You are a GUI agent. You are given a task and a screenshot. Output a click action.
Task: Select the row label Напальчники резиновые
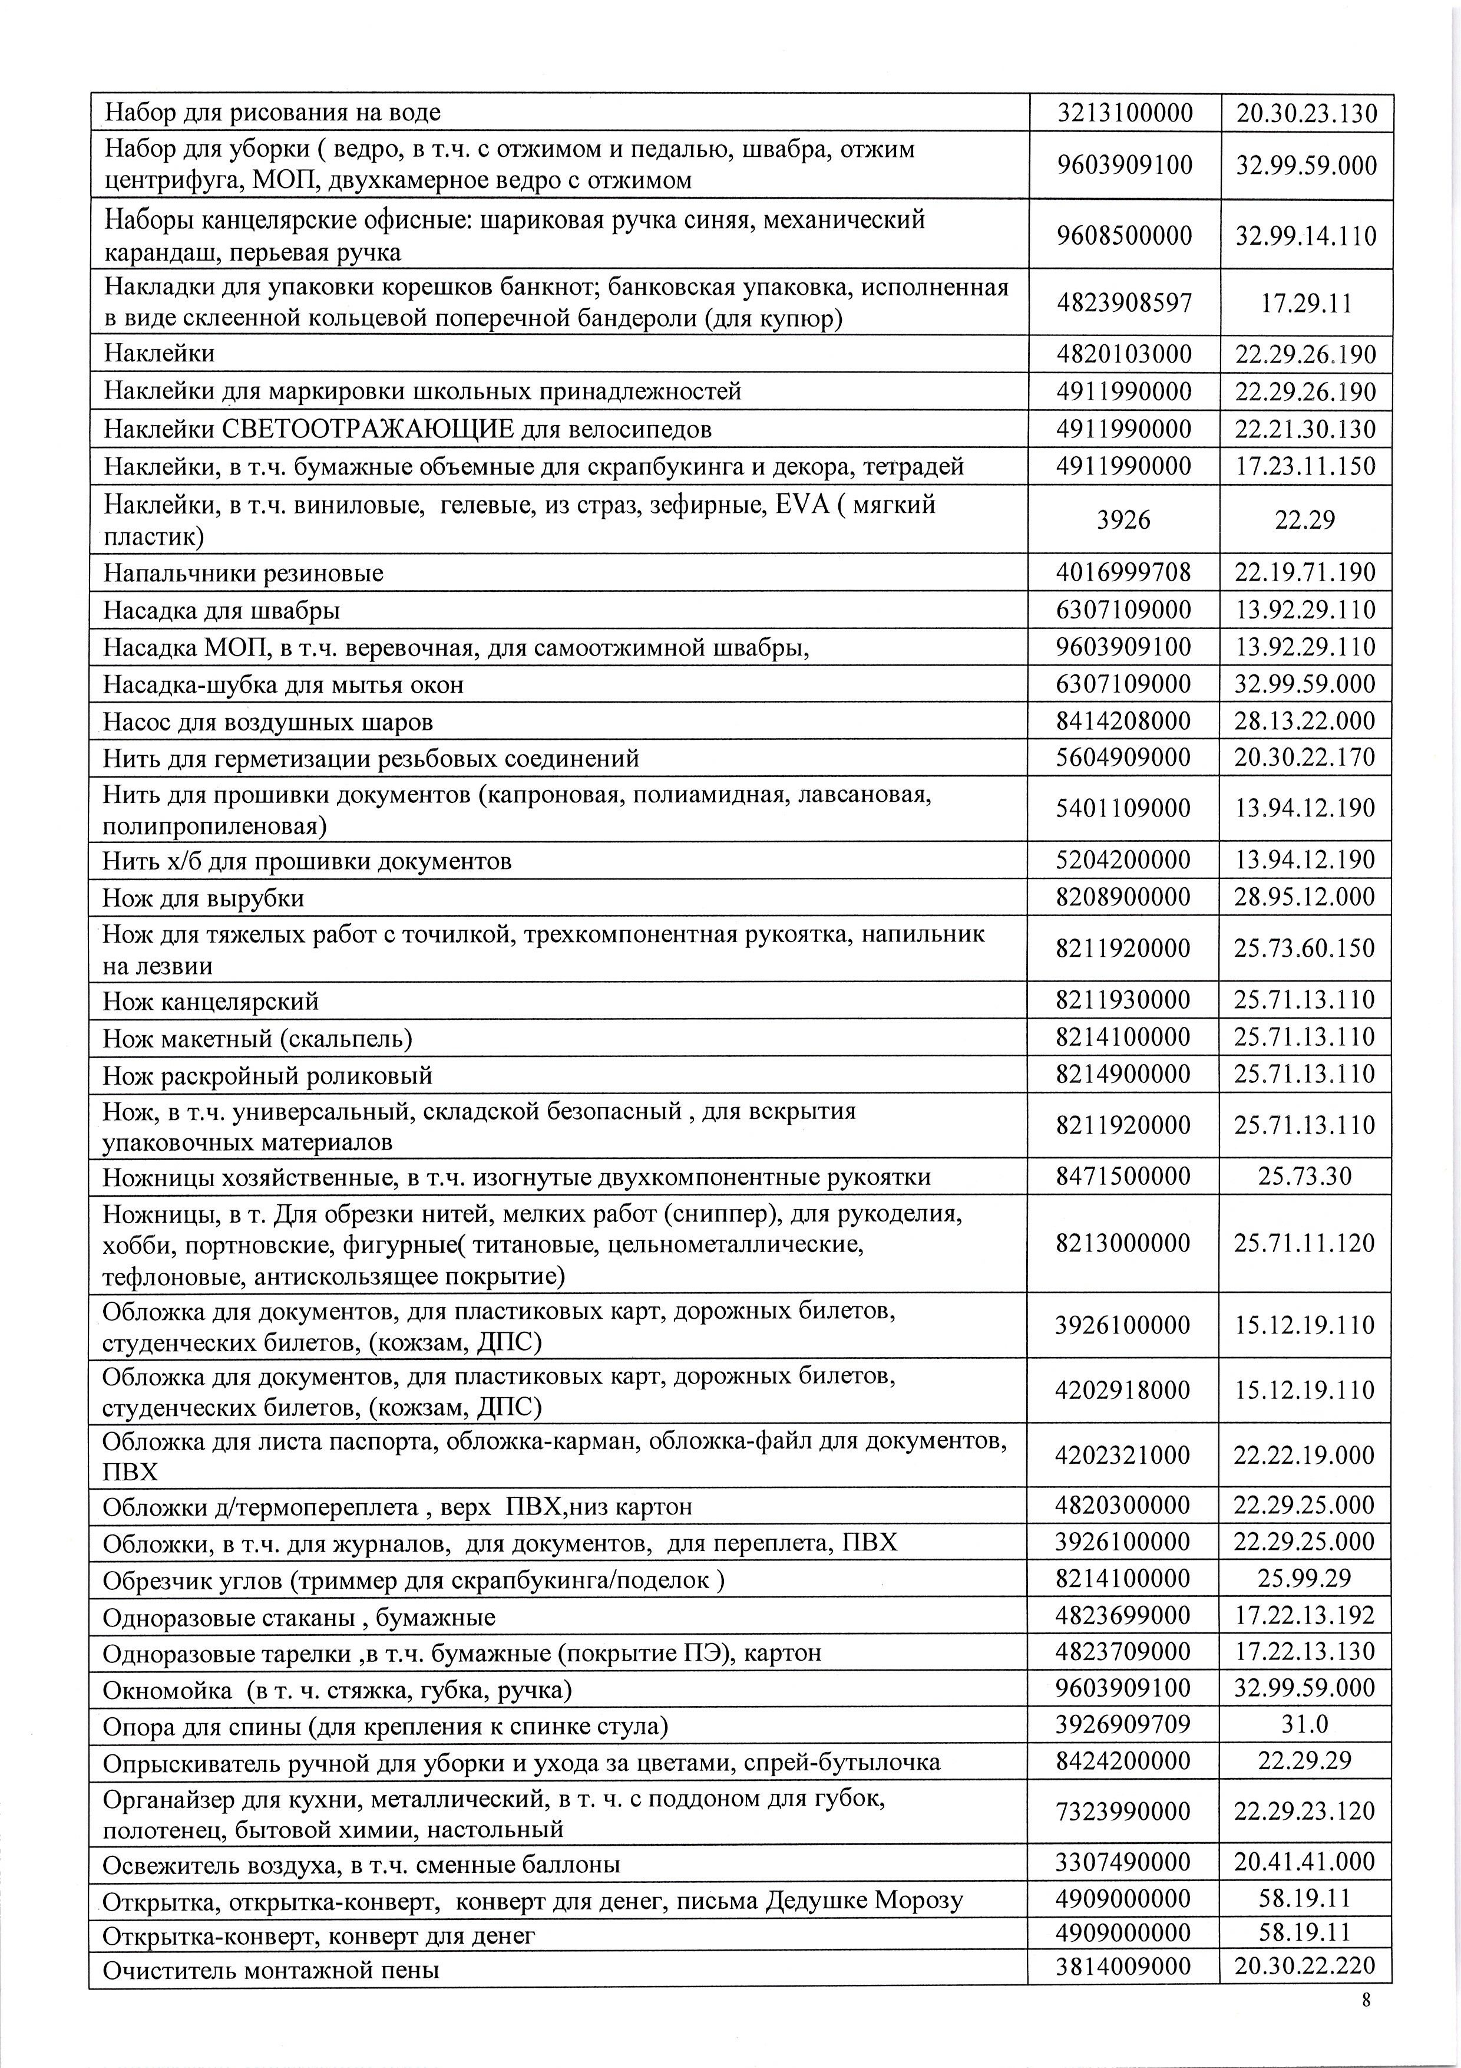click(x=243, y=573)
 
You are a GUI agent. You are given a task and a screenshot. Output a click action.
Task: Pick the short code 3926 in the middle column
click(x=1123, y=520)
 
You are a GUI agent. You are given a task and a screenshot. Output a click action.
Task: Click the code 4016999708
click(x=1123, y=573)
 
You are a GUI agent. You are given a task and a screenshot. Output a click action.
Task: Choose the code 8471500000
click(x=1123, y=1176)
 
